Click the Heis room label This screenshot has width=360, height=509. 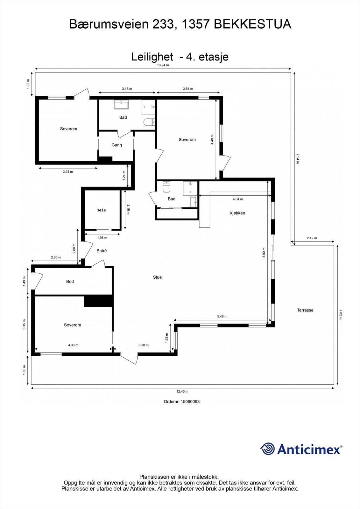pyautogui.click(x=101, y=210)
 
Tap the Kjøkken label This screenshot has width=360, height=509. pyautogui.click(x=237, y=213)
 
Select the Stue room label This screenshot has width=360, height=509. pyautogui.click(x=157, y=277)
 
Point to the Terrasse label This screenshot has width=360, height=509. pyautogui.click(x=305, y=310)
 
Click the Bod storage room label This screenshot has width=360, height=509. pyautogui.click(x=70, y=282)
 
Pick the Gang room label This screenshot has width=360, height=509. pyautogui.click(x=116, y=145)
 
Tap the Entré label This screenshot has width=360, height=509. pyautogui.click(x=102, y=251)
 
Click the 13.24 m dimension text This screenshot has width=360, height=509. pyautogui.click(x=163, y=65)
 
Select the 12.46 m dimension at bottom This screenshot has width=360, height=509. pyautogui.click(x=182, y=391)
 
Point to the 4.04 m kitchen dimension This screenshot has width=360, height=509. pyautogui.click(x=238, y=199)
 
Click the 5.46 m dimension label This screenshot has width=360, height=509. pyautogui.click(x=222, y=317)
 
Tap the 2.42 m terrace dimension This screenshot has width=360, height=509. pyautogui.click(x=312, y=238)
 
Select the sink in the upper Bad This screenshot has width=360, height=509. pyautogui.click(x=121, y=104)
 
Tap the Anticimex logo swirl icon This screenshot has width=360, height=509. pyautogui.click(x=267, y=449)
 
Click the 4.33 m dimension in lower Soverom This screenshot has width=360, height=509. pyautogui.click(x=73, y=345)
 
